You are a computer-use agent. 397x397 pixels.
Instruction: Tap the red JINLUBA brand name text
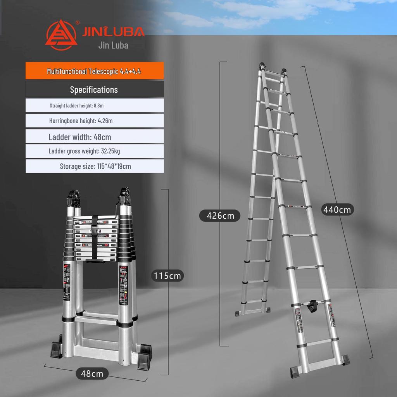point(113,31)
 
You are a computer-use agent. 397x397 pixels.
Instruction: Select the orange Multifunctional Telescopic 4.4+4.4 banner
point(95,71)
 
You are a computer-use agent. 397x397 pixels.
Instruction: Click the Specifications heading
point(94,90)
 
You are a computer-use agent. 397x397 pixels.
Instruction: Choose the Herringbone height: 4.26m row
point(81,121)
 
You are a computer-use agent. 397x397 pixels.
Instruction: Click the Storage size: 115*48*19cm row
point(95,166)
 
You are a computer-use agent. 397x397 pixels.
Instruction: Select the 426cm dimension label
point(220,215)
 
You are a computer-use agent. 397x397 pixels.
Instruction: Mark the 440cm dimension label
point(337,210)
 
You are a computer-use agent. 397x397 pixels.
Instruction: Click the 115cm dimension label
point(167,276)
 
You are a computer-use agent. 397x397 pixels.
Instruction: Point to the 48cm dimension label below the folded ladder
point(92,373)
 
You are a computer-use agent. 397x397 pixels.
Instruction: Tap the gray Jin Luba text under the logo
point(113,45)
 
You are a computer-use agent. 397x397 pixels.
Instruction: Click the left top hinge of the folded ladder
point(75,198)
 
